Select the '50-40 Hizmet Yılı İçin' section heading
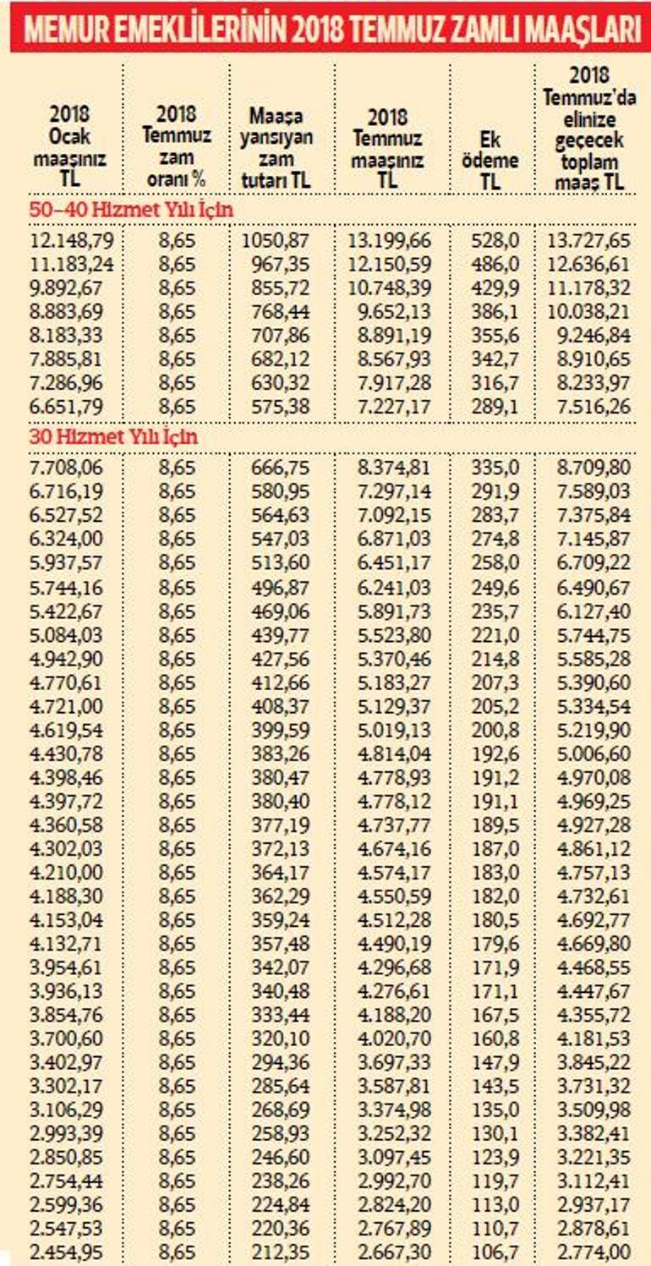pyautogui.click(x=131, y=209)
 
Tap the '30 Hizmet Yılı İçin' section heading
pyautogui.click(x=114, y=437)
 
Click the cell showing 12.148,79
pyautogui.click(x=72, y=240)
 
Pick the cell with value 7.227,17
pyautogui.click(x=389, y=406)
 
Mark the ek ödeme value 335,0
pyautogui.click(x=495, y=466)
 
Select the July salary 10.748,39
pyautogui.click(x=389, y=288)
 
